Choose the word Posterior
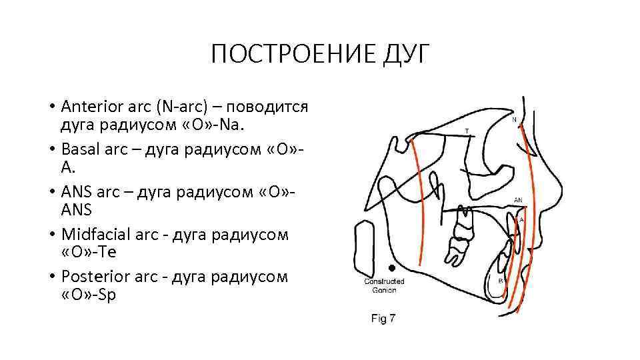coord(91,277)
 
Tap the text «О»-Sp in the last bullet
coord(87,295)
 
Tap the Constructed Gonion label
coord(383,285)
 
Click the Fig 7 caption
coord(383,319)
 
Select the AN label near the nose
coord(518,199)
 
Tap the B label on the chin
coord(501,281)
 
